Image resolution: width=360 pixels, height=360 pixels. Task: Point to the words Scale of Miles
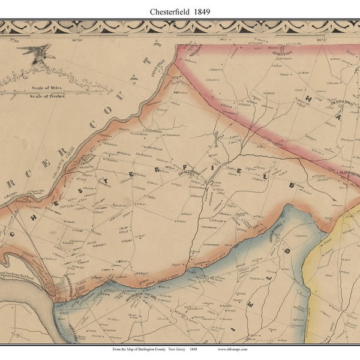point(44,88)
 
